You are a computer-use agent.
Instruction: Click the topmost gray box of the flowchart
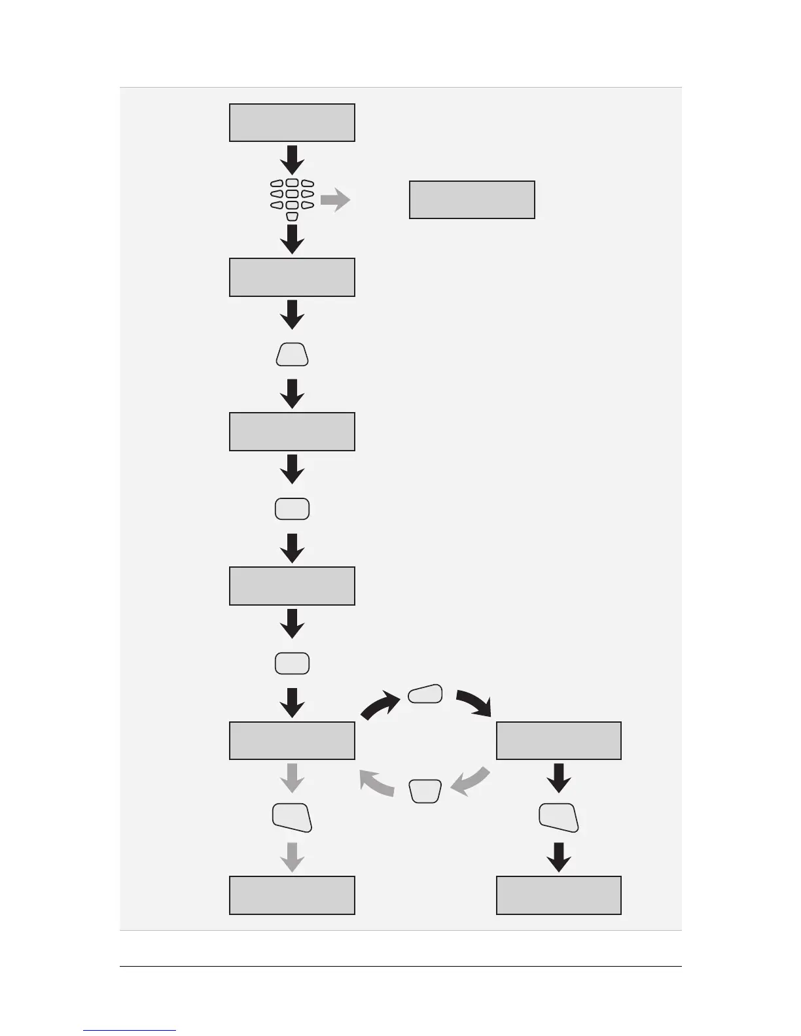[292, 122]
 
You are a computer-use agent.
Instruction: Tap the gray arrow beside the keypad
[335, 199]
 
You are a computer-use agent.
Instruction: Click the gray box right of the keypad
[472, 199]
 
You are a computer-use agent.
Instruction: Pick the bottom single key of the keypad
[293, 216]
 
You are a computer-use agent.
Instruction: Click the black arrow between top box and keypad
[292, 159]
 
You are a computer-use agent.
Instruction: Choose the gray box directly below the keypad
[292, 277]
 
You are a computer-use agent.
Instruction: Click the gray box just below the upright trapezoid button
[292, 432]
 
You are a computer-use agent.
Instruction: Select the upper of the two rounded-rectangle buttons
[292, 509]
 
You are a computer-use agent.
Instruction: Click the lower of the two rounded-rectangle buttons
[292, 664]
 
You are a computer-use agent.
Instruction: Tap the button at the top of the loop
[425, 694]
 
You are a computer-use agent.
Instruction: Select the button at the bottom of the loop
[425, 791]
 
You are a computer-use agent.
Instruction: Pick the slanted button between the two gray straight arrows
[292, 818]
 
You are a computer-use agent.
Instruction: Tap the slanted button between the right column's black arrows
[559, 818]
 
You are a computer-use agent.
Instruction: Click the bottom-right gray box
[559, 895]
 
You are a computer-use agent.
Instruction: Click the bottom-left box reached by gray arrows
[292, 895]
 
